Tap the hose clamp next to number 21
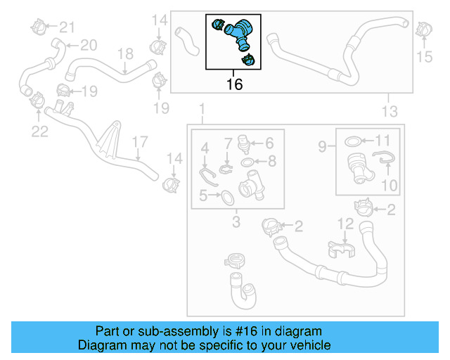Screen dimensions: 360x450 tap(40, 27)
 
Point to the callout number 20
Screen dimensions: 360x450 tap(88, 46)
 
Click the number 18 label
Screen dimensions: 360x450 tap(124, 53)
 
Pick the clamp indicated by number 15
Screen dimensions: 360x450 tap(423, 30)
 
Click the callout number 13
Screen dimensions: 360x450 tap(389, 111)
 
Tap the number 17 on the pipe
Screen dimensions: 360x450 tap(138, 142)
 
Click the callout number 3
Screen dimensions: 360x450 tap(236, 223)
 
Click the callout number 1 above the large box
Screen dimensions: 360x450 tap(202, 110)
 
